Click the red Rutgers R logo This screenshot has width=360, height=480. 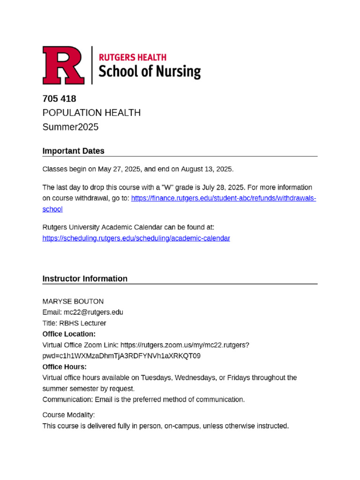pyautogui.click(x=64, y=65)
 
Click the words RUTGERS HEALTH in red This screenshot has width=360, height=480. pyautogui.click(x=132, y=57)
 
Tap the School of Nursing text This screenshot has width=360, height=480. pyautogui.click(x=149, y=72)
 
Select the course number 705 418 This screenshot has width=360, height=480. pyautogui.click(x=59, y=99)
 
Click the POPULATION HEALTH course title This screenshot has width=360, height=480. pyautogui.click(x=91, y=113)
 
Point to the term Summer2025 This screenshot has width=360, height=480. pyautogui.click(x=70, y=127)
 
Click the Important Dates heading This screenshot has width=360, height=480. pyautogui.click(x=73, y=151)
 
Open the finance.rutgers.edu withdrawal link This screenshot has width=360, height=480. pyautogui.click(x=224, y=198)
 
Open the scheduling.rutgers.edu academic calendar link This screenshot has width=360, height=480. pyautogui.click(x=136, y=238)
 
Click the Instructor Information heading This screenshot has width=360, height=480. pyautogui.click(x=85, y=278)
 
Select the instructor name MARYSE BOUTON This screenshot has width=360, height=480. pyautogui.click(x=73, y=301)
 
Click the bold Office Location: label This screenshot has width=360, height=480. pyautogui.click(x=69, y=334)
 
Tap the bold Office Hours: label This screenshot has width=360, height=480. pyautogui.click(x=65, y=367)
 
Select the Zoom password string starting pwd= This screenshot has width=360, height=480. pyautogui.click(x=121, y=356)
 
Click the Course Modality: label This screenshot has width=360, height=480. pyautogui.click(x=68, y=415)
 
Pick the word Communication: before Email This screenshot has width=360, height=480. pyautogui.click(x=67, y=399)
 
